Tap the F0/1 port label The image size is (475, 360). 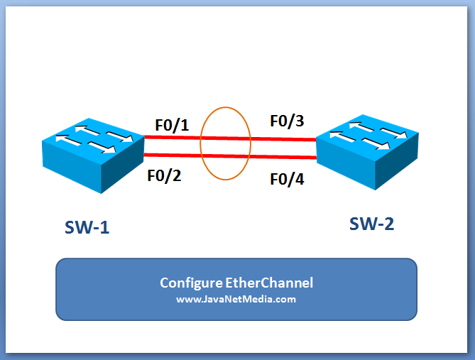point(173,126)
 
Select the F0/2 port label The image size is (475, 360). point(164,175)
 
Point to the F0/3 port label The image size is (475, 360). point(287,121)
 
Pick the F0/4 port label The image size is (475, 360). point(287,178)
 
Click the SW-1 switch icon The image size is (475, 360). point(88,152)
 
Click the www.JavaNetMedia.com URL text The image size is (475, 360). point(236,299)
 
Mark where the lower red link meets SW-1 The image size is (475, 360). point(145,155)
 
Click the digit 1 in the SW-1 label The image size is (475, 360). point(104,228)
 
